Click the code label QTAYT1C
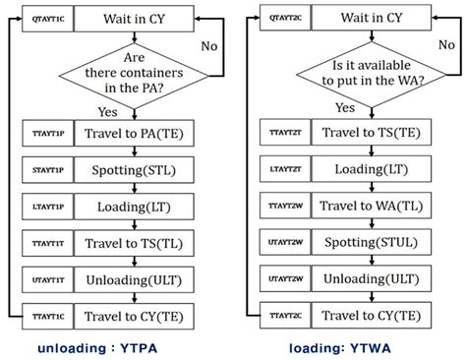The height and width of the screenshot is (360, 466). point(47,18)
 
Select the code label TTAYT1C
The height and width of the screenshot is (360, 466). point(47,316)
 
